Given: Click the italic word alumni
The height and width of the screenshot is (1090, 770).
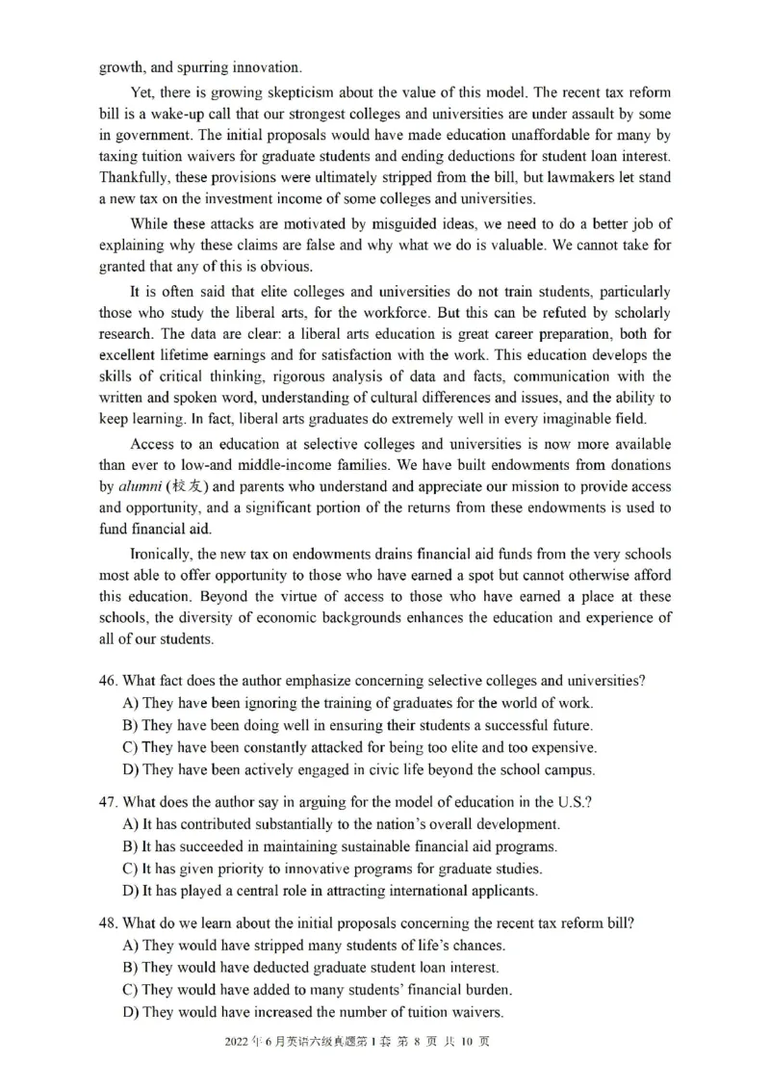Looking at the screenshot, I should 137,487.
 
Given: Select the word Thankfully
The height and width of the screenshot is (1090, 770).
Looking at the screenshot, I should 135,177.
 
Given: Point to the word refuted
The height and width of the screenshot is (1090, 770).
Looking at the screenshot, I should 572,313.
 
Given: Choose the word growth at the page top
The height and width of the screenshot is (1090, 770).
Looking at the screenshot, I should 120,67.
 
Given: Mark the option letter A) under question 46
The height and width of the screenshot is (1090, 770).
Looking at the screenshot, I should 131,703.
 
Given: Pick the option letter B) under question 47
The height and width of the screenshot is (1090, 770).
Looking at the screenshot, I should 131,847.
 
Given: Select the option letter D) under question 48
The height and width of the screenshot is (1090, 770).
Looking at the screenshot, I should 131,1012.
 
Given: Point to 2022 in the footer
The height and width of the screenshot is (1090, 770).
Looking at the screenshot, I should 237,1042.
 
